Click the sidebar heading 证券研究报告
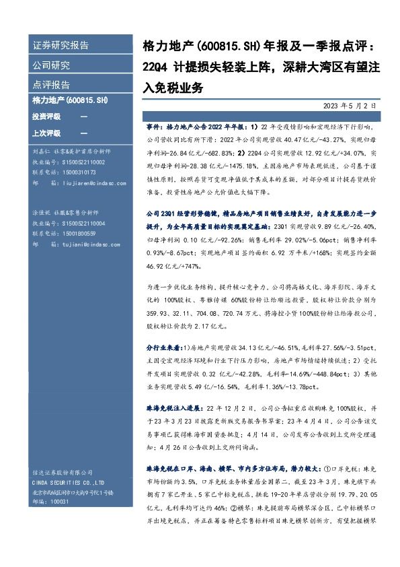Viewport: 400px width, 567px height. coord(61,46)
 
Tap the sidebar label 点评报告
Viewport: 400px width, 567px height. coord(52,85)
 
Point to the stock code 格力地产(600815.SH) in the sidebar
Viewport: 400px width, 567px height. coord(70,100)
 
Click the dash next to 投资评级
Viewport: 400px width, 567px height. coord(83,116)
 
